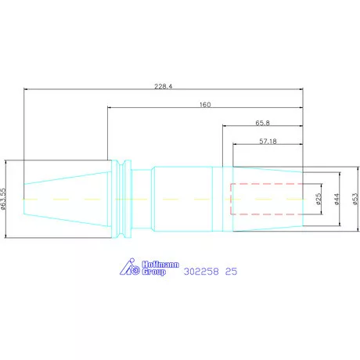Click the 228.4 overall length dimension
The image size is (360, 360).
(x=164, y=86)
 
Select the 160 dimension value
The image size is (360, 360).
(x=205, y=105)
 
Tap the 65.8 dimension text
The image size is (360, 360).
(x=263, y=123)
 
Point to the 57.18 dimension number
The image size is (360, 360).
(x=268, y=141)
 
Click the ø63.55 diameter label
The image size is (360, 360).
(x=3, y=199)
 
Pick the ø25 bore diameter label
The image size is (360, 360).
(x=319, y=199)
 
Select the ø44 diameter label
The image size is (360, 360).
(x=337, y=199)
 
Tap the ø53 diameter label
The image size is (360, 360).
(x=355, y=199)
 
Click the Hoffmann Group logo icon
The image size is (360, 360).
(x=130, y=267)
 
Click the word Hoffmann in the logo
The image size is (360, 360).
(x=160, y=265)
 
